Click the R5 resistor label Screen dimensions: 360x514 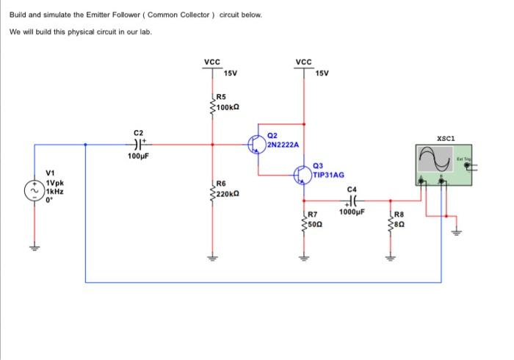point(222,96)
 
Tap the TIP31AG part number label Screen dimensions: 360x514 point(328,176)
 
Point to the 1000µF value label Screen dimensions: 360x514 point(352,212)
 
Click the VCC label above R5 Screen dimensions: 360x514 point(212,62)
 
